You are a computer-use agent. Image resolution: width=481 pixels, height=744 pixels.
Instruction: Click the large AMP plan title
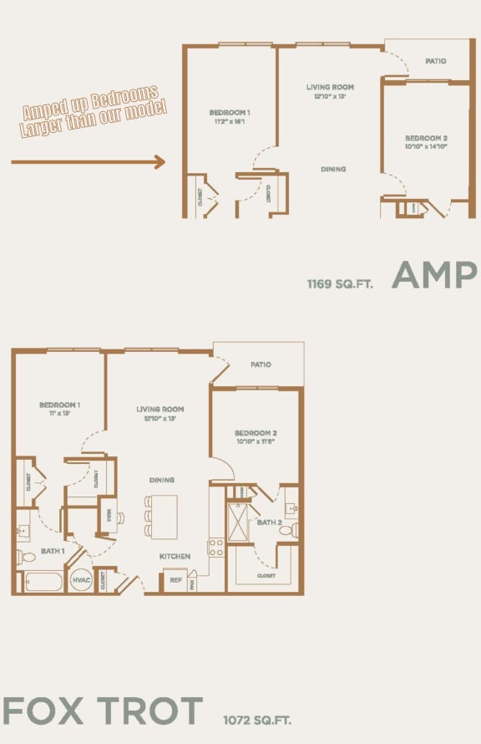tap(434, 275)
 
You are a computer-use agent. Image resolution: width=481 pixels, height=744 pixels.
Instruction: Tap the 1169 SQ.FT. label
tap(340, 283)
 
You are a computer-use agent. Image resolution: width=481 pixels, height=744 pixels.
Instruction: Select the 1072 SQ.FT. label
tap(257, 719)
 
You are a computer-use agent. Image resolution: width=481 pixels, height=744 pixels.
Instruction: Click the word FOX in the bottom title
tap(43, 711)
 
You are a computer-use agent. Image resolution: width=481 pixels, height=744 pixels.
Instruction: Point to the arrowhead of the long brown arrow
tap(160, 162)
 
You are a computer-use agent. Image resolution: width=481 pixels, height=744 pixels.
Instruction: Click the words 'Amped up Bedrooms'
tap(89, 103)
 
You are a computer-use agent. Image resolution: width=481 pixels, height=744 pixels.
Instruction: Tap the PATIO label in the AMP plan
tap(435, 61)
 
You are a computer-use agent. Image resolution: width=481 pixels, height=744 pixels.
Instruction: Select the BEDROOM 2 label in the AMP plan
tap(427, 138)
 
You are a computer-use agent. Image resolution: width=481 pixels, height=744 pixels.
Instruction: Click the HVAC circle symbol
tap(81, 580)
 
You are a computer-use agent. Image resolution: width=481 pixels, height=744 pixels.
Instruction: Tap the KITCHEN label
tap(175, 556)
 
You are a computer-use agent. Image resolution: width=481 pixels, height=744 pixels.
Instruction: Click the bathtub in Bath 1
tap(43, 581)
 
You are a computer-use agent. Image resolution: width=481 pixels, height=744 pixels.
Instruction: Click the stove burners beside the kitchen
tap(215, 547)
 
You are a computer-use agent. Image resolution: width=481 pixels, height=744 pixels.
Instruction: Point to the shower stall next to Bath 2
tap(239, 523)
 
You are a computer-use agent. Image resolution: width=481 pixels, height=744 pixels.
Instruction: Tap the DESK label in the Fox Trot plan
tap(107, 514)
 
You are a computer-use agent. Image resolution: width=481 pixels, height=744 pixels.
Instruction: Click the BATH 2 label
tap(269, 522)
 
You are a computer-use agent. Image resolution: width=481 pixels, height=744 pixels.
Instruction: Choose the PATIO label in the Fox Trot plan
tap(261, 364)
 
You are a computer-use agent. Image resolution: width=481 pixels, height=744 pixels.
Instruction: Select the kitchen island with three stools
tap(164, 517)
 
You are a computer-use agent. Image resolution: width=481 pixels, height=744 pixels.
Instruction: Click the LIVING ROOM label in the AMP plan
tap(330, 87)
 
